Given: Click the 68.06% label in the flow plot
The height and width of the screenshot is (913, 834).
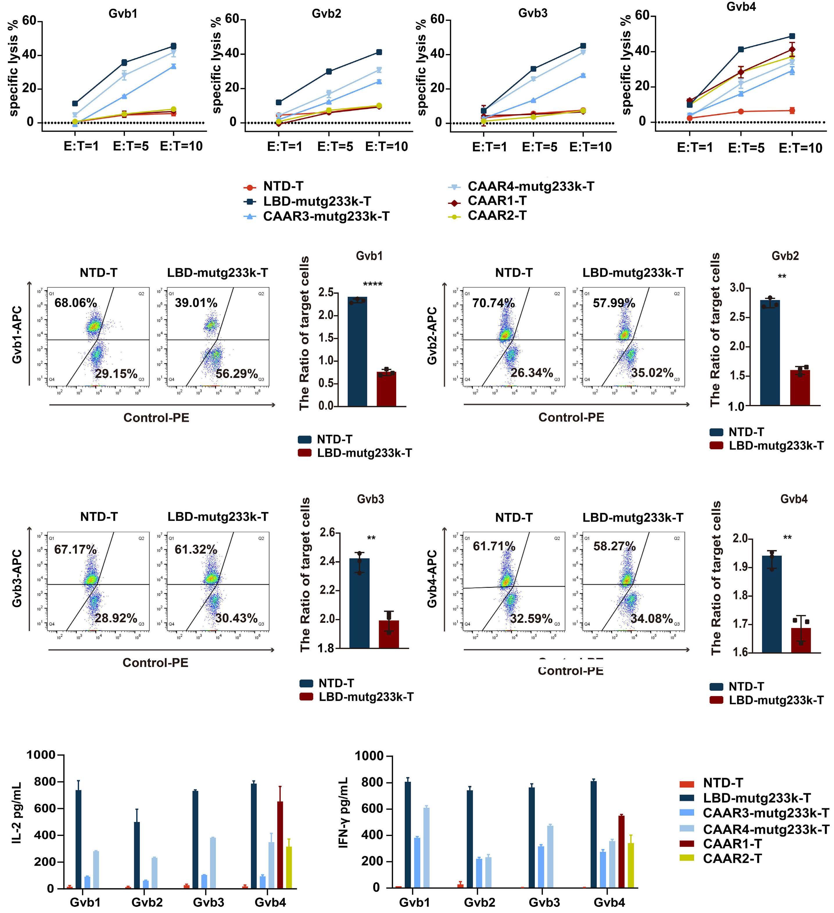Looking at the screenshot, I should (76, 302).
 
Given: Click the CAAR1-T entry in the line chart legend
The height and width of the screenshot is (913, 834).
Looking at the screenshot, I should (497, 201).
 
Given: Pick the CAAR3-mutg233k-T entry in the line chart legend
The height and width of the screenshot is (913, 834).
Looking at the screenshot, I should (326, 216).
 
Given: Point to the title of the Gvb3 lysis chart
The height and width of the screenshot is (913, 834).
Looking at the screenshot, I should (533, 13).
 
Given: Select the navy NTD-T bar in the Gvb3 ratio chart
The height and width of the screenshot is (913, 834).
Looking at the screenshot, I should (359, 603).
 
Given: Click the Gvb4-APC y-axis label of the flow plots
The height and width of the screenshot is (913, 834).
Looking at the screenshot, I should (432, 579).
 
